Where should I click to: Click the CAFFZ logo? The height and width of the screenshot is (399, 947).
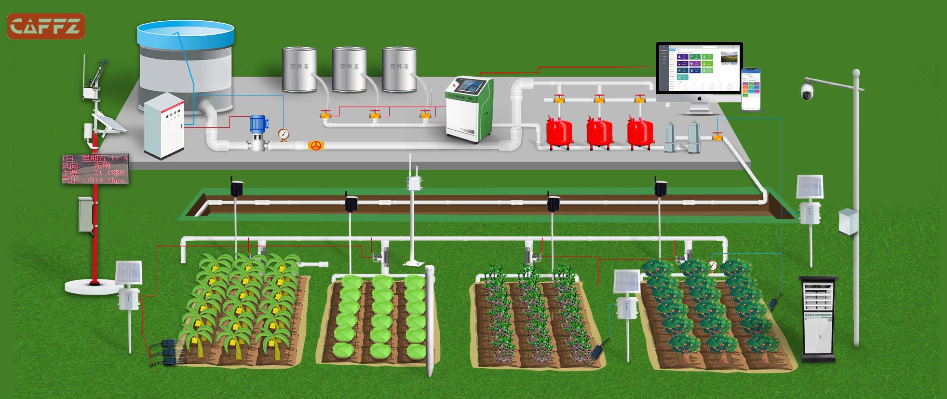click(45, 26)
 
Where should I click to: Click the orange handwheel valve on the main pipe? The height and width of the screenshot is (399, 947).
click(315, 146)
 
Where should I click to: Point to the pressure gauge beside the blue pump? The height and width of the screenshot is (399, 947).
click(283, 135)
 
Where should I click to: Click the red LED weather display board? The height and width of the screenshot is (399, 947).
click(95, 169)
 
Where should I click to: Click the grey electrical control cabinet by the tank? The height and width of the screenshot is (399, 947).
click(164, 126)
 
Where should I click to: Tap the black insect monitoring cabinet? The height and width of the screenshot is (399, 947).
click(818, 318)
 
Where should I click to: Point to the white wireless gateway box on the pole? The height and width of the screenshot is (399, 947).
click(412, 184)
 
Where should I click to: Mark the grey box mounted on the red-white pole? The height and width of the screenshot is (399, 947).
click(86, 213)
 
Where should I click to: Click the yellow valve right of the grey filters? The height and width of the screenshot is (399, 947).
click(717, 137)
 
